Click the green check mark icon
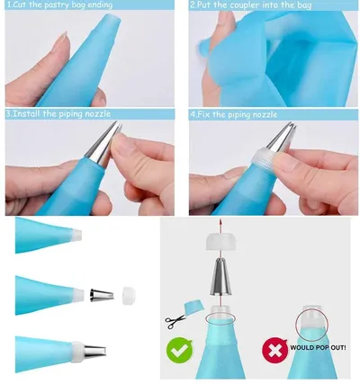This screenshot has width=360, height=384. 180,351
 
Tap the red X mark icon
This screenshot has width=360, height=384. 274,351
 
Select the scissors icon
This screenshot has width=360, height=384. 175,322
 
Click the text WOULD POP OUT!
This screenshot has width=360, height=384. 318,348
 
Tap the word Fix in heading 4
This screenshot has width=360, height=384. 204,114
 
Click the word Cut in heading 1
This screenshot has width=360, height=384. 19,4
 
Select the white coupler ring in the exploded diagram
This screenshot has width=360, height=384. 220,243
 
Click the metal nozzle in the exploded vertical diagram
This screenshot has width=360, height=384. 220,277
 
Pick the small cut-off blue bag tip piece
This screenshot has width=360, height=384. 194,308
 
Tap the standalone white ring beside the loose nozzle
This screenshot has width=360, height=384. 130,296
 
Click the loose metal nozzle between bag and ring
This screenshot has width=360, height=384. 102,295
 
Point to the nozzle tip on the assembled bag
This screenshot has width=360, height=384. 94,352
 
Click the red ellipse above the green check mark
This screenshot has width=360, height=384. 220,318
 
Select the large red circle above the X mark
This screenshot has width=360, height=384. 312,325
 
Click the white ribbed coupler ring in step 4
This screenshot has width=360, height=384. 263,158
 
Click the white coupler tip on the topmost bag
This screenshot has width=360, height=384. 76,235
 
